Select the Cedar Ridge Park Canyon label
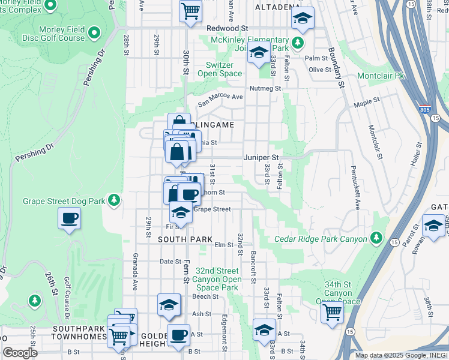point(320,239)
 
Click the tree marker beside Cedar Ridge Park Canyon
point(376,238)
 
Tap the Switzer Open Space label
point(224,69)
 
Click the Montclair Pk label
point(381,76)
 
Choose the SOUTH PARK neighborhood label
point(185,239)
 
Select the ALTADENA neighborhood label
point(277,7)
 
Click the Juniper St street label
point(262,157)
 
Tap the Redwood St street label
point(227,28)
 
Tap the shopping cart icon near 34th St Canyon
point(332,312)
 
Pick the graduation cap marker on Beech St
point(169,304)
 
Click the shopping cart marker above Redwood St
point(190,11)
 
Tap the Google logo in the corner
point(20,353)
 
